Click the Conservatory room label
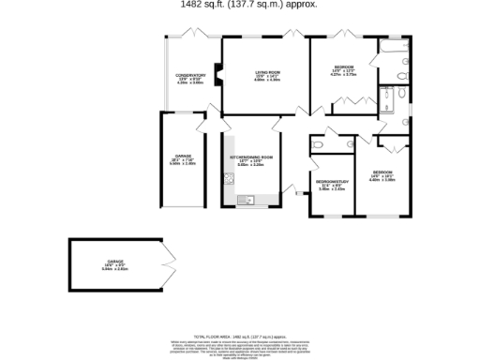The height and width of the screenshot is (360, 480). tap(190, 79)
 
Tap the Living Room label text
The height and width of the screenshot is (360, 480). tap(267, 75)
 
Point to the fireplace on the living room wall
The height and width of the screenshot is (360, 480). tap(218, 80)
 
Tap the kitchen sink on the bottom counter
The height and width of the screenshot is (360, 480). tap(247, 199)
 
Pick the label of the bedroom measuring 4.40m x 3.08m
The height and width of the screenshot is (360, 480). tap(382, 175)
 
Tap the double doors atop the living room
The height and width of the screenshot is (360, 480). tap(292, 35)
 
